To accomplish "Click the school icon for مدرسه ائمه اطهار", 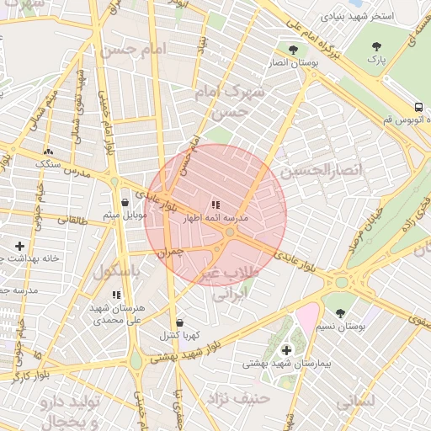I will (215, 204).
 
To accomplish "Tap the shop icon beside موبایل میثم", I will (125, 202).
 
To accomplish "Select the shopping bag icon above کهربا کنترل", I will (179, 322).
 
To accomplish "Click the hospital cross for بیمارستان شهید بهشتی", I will (286, 349).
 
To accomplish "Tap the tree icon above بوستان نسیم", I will (340, 311).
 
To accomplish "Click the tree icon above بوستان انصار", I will (293, 50).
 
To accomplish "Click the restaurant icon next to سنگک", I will (47, 152).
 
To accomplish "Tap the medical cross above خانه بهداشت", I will (19, 246).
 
